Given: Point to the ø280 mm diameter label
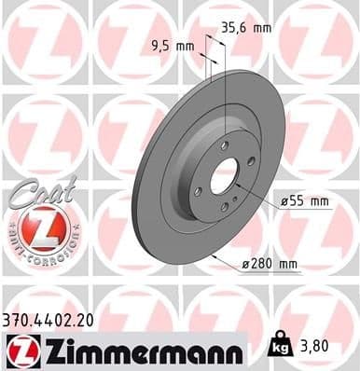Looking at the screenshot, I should click(270, 265).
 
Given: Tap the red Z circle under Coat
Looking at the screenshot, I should click(37, 228).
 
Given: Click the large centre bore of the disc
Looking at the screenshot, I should click(225, 177).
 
